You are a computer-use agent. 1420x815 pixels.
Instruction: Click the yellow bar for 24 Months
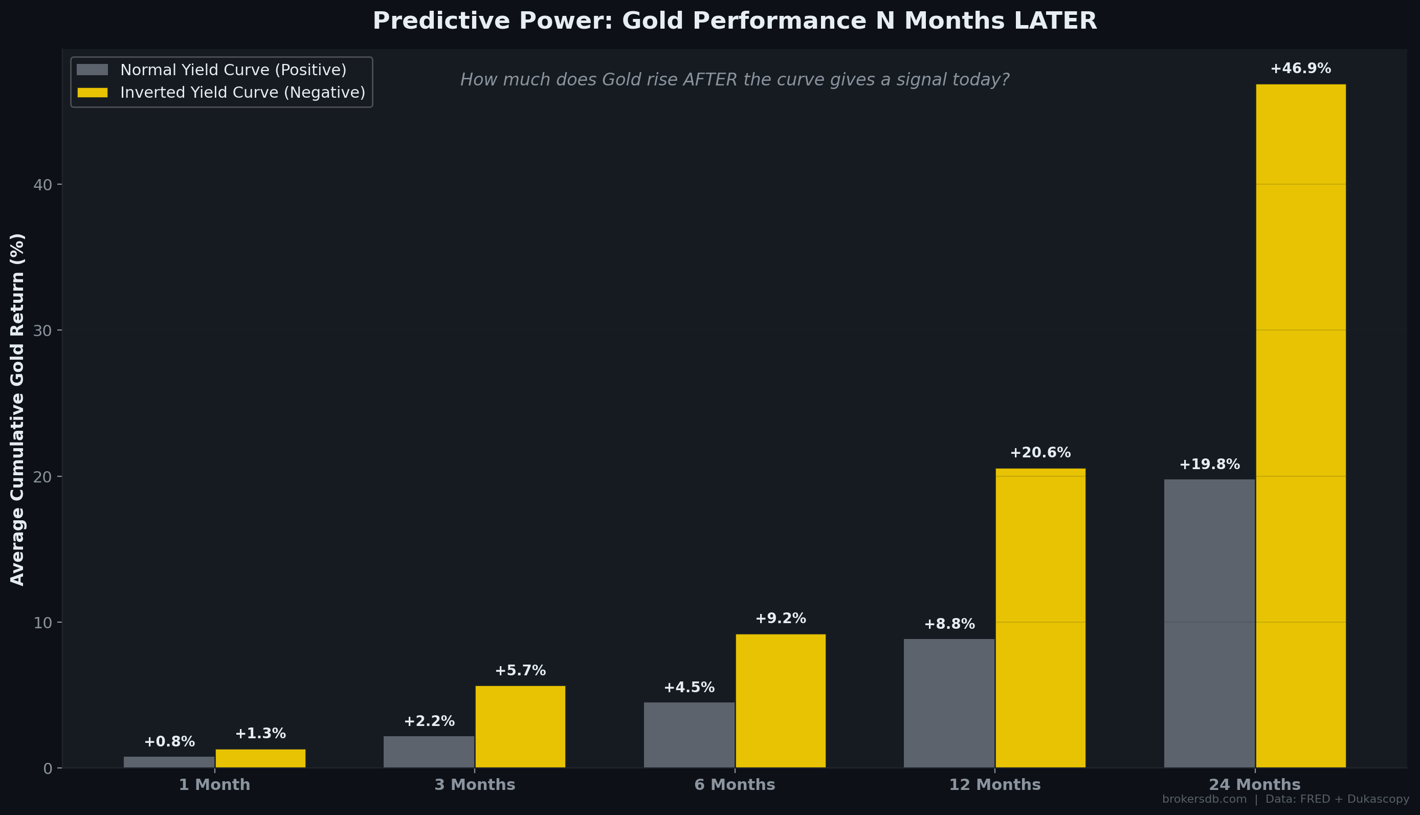tap(1300, 426)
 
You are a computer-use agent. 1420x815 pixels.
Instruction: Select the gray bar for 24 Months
tap(1209, 623)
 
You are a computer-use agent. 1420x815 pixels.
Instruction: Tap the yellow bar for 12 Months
tap(1040, 618)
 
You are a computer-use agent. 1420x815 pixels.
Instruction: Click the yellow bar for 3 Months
tap(520, 726)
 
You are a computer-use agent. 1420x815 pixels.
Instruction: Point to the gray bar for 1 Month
tap(169, 762)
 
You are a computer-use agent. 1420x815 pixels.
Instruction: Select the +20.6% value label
tap(1040, 452)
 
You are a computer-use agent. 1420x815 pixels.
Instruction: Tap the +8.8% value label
tap(949, 624)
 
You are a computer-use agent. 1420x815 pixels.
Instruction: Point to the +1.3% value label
tap(260, 733)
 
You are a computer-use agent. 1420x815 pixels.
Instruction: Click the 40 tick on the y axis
tap(42, 185)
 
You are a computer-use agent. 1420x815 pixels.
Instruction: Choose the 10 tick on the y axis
tap(42, 623)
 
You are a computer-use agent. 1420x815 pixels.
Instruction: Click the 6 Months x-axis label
tap(734, 785)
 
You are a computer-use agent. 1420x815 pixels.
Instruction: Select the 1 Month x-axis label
tap(214, 785)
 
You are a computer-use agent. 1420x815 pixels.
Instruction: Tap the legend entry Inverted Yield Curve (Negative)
tap(242, 93)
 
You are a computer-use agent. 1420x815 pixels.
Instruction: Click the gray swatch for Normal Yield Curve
tap(92, 70)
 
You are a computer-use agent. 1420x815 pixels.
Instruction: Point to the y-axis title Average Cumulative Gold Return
tap(17, 409)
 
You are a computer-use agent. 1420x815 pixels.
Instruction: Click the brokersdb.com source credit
tap(1204, 799)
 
